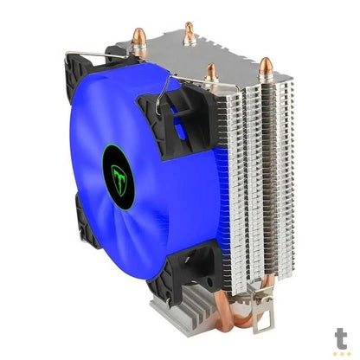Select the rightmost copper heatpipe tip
click(265, 66)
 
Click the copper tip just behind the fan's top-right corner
click(210, 73)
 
